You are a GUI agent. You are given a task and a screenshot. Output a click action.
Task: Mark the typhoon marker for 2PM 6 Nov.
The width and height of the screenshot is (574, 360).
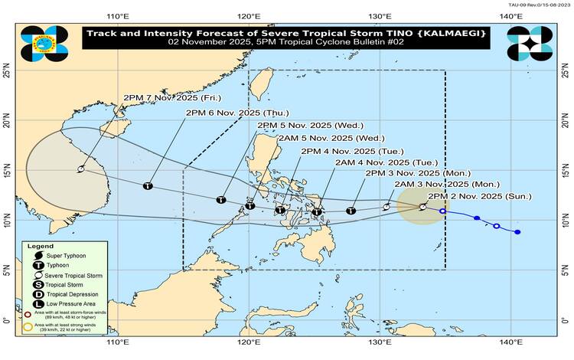(x=148, y=186)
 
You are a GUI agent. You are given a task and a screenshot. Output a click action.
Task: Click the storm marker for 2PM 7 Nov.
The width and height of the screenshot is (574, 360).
(x=80, y=170)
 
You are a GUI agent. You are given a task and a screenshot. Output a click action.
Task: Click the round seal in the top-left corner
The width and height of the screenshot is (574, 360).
(x=39, y=44)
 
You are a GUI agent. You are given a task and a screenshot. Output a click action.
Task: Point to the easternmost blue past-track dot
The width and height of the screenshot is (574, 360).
(x=518, y=232)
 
